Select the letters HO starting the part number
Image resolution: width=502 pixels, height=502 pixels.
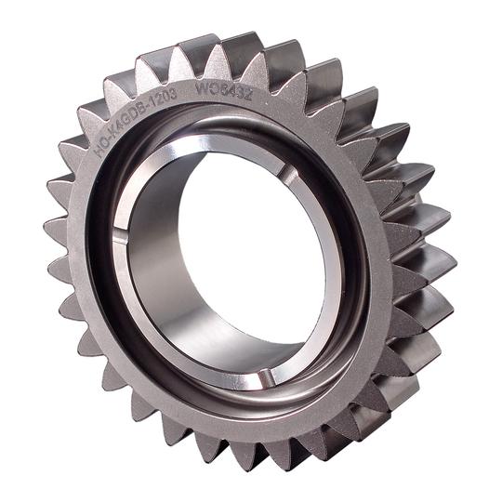click(x=101, y=143)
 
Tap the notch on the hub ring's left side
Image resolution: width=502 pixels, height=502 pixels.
click(x=120, y=239)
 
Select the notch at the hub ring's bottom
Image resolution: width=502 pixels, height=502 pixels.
click(x=264, y=376)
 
